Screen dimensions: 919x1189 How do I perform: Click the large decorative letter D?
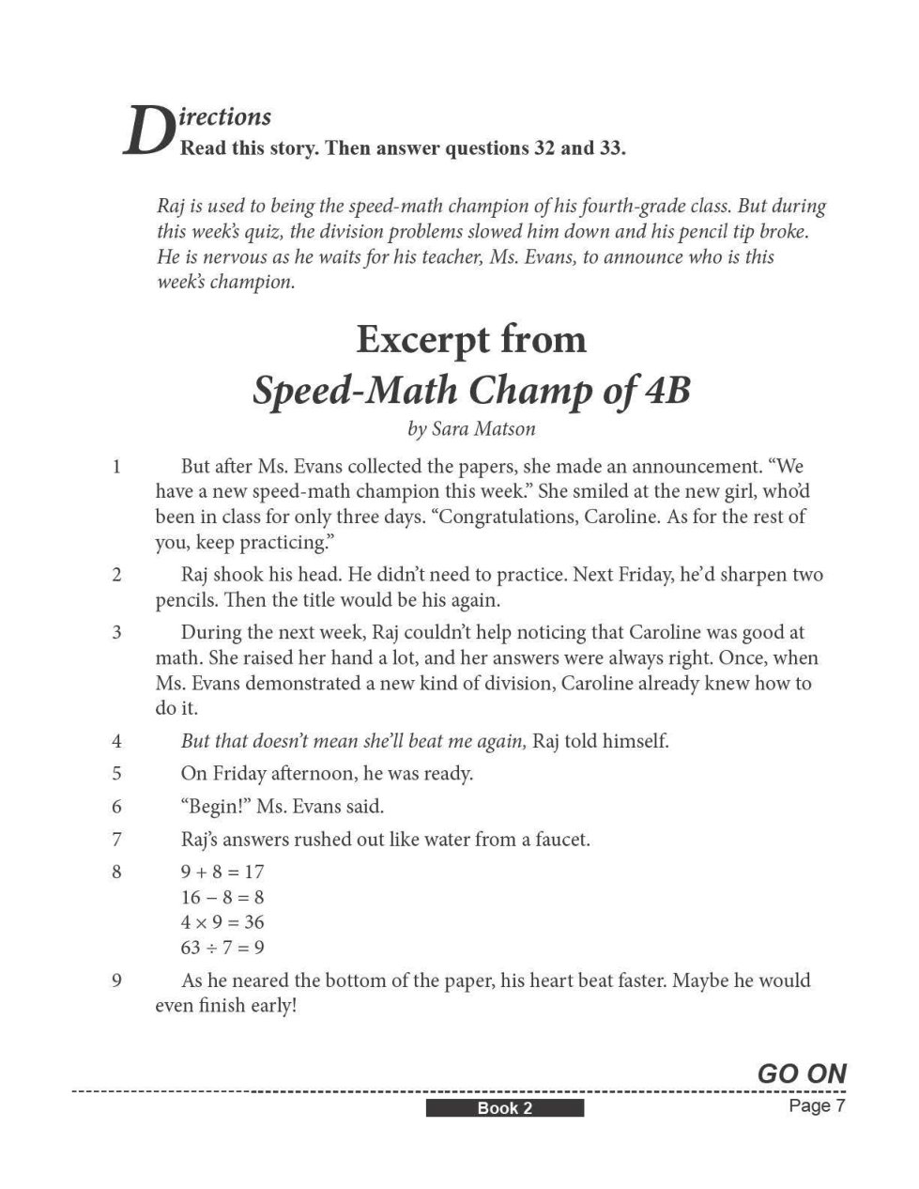click(x=147, y=131)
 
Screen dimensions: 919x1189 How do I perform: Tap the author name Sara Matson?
click(x=483, y=429)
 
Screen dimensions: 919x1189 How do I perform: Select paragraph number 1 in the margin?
click(x=116, y=467)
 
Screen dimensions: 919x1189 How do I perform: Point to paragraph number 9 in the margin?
click(x=116, y=981)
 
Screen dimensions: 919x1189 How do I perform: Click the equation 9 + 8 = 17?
click(x=222, y=872)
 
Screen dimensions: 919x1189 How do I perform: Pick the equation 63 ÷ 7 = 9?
click(x=222, y=947)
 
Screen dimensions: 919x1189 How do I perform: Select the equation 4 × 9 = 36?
click(x=222, y=922)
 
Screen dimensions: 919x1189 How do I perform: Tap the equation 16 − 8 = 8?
click(x=222, y=897)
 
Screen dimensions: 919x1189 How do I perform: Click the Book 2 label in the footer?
click(x=504, y=1108)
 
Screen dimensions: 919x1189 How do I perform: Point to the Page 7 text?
click(x=817, y=1105)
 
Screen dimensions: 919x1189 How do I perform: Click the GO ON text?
click(x=802, y=1073)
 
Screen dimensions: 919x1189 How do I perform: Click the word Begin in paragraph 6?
click(x=214, y=807)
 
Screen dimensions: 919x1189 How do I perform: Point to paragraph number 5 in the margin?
click(x=116, y=774)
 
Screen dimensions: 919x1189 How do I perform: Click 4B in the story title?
click(x=667, y=390)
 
